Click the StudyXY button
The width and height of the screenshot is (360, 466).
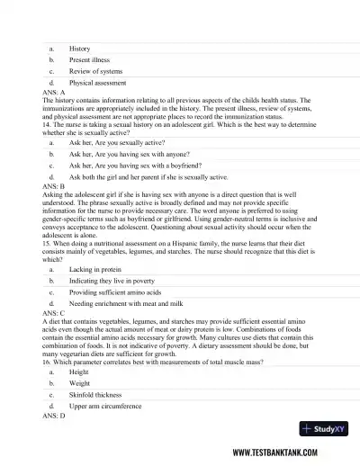(x=326, y=429)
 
